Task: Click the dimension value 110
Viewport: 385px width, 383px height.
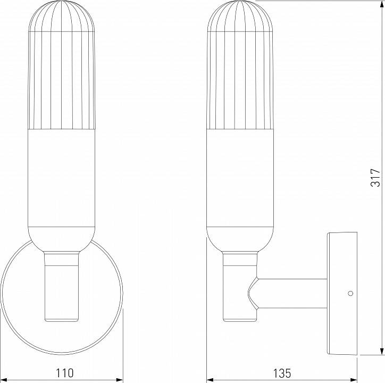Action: pos(63,372)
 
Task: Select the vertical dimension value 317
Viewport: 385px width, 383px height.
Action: pos(375,177)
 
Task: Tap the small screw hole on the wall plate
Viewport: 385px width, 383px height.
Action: pos(349,293)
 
